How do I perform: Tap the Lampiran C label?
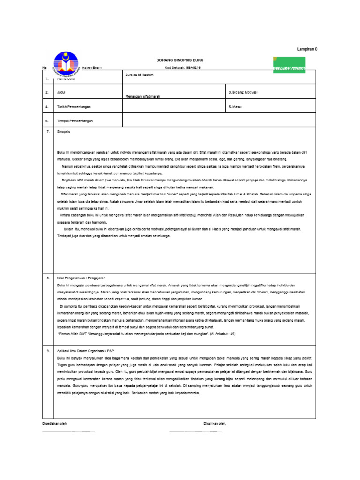tap(307, 49)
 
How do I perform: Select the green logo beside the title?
tap(287, 64)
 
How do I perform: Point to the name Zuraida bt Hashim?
tap(138, 74)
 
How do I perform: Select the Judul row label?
tap(61, 92)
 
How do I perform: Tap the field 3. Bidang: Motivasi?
tap(243, 92)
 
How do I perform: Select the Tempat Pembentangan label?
tap(75, 120)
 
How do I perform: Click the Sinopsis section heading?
tap(63, 132)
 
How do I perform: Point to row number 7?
tap(47, 132)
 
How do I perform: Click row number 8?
tap(47, 278)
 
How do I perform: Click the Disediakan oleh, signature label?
tap(55, 423)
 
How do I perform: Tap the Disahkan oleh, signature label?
tap(215, 423)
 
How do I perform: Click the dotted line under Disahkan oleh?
tap(195, 431)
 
